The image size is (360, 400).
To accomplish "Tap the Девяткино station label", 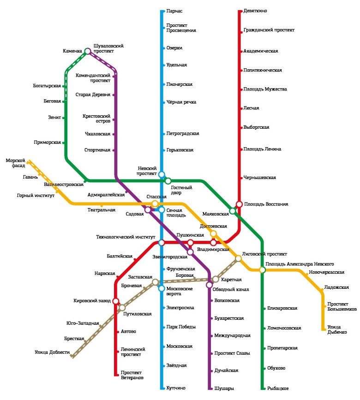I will tap(257, 11).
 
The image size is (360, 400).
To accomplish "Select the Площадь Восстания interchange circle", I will tap(239, 204).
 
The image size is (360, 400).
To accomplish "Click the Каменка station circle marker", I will tap(87, 51).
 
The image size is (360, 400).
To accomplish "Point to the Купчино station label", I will tap(177, 388).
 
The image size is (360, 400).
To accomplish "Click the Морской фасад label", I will tap(15, 163).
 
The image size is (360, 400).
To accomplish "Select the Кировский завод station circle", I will tap(116, 301).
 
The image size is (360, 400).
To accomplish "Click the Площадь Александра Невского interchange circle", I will tap(262, 270).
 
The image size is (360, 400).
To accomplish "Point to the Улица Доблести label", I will tap(52, 353).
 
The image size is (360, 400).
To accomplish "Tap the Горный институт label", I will tap(36, 196).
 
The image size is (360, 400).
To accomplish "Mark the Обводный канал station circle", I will tap(209, 285).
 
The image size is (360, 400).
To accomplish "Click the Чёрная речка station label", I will tap(181, 102).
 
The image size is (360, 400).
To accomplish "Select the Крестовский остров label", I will tap(96, 119).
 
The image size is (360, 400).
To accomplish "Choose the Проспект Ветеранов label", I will tap(132, 375).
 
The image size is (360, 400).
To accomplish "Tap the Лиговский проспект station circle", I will tap(238, 259).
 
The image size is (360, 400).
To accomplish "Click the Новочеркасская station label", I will tap(327, 273).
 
